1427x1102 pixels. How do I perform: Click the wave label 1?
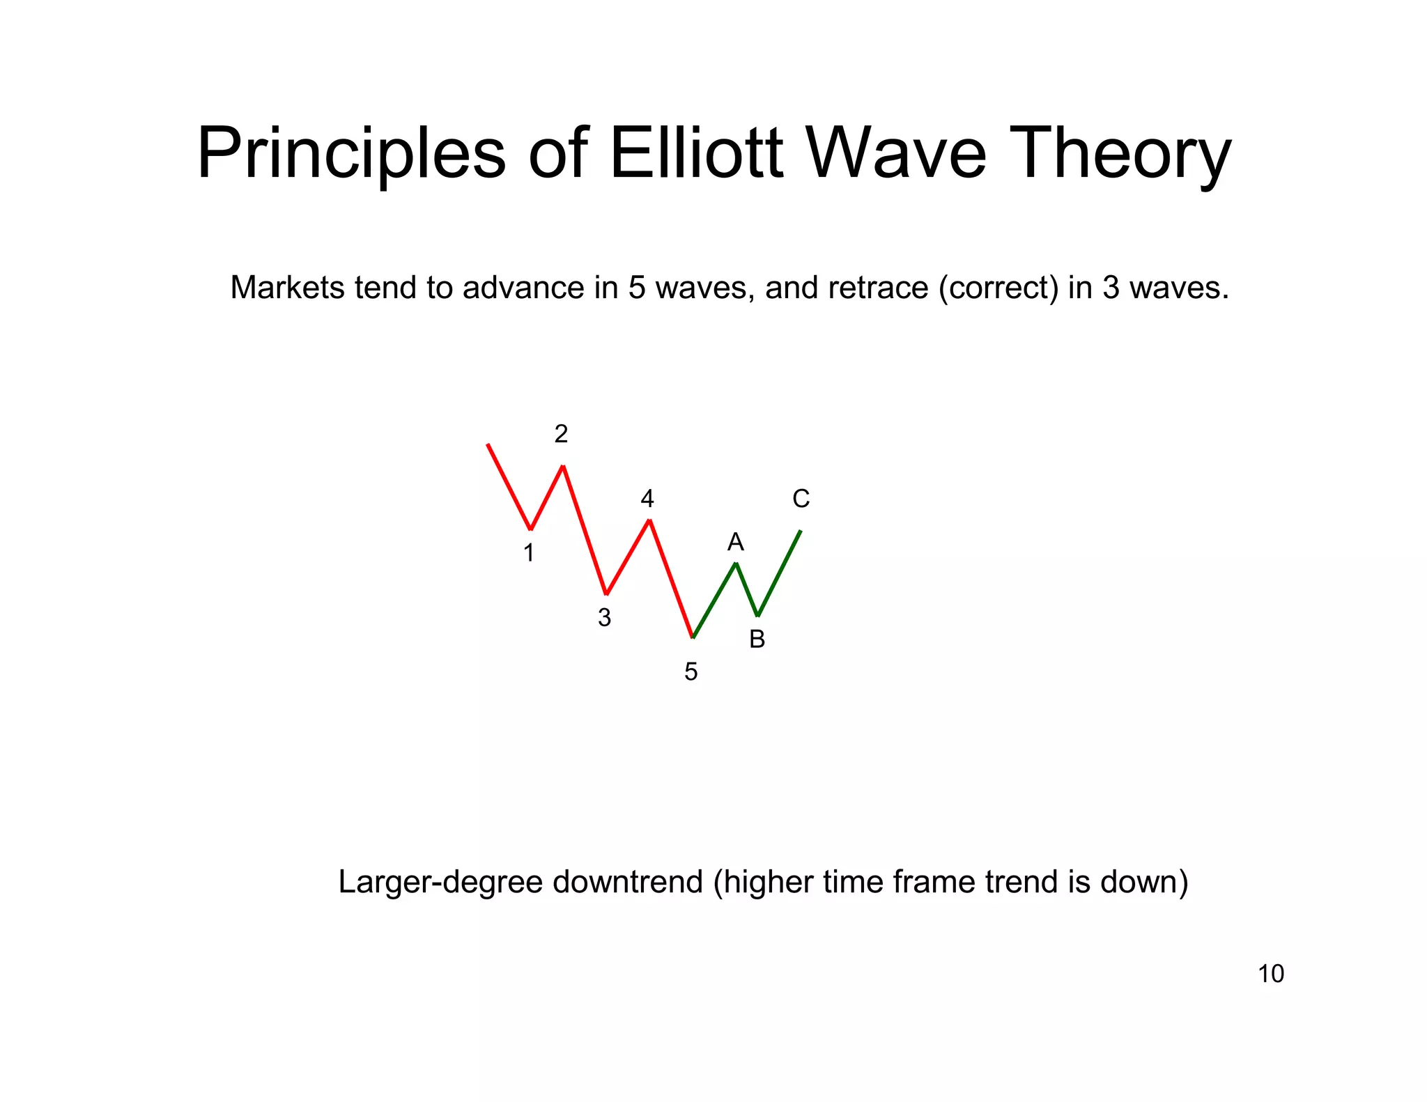click(529, 553)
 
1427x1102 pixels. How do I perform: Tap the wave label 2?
click(561, 434)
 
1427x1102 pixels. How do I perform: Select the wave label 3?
click(604, 618)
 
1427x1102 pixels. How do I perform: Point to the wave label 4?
click(647, 499)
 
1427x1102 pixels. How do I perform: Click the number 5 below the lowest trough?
click(691, 672)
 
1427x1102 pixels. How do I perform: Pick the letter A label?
click(736, 542)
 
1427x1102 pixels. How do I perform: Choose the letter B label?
click(757, 639)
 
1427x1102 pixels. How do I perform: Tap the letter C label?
click(801, 499)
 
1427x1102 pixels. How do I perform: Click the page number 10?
click(1270, 974)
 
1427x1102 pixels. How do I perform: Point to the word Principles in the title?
click(350, 155)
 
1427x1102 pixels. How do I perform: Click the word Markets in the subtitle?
click(287, 288)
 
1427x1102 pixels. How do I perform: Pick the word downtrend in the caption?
click(627, 882)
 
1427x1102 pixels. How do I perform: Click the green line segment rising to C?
click(780, 573)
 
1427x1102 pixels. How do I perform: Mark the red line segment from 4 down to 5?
click(671, 578)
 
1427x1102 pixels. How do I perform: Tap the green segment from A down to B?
click(747, 589)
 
